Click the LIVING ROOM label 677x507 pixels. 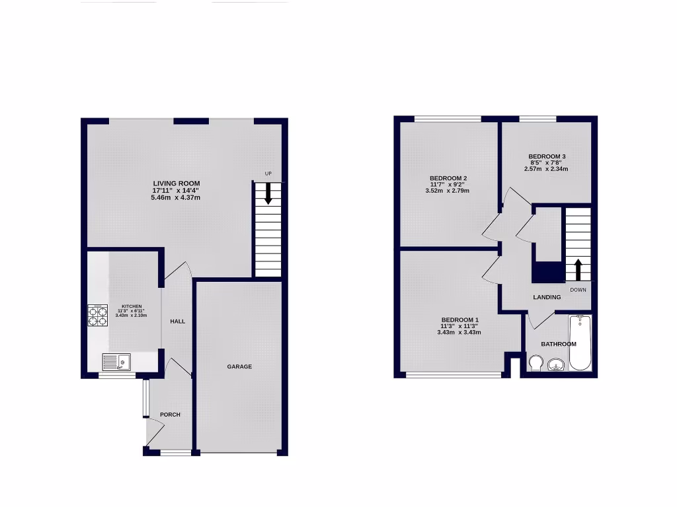[x=177, y=184]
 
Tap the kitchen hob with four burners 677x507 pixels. [x=97, y=316]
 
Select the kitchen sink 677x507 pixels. [x=116, y=362]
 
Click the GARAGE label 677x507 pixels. [x=239, y=366]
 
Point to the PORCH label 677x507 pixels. [x=170, y=415]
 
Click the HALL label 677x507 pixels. [x=177, y=321]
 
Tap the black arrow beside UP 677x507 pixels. [x=268, y=193]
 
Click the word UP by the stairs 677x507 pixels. [x=268, y=174]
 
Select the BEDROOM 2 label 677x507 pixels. [x=448, y=178]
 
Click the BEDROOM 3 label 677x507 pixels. [x=546, y=156]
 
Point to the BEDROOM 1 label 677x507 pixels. [x=460, y=320]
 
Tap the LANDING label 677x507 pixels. [x=547, y=297]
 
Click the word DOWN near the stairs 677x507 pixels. [x=578, y=289]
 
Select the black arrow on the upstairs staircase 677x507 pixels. [x=578, y=269]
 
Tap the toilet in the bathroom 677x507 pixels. [x=536, y=364]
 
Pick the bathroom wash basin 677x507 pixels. [x=556, y=365]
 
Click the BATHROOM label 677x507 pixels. [x=559, y=344]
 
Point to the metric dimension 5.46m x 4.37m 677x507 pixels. [x=176, y=197]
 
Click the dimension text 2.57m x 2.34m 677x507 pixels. [x=546, y=169]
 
